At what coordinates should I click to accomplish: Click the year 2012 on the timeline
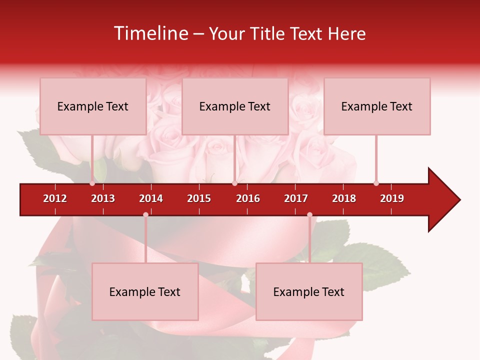[55, 198]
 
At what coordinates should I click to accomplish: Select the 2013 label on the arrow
[103, 198]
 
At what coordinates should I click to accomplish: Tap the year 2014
[151, 198]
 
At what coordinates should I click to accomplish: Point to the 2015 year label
[199, 198]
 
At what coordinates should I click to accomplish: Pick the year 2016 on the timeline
[248, 198]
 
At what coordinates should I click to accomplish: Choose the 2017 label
[296, 198]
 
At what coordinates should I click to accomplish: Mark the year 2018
[344, 198]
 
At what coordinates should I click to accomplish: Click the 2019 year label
[392, 198]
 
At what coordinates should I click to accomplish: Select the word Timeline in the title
[150, 33]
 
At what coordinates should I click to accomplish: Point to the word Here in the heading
[346, 33]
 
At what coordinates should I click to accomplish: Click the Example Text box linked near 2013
[93, 106]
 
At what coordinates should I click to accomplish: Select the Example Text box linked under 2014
[145, 292]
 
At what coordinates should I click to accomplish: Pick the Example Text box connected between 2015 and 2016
[235, 106]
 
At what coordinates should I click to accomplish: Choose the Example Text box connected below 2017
[309, 292]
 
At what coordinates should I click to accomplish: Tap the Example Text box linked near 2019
[377, 106]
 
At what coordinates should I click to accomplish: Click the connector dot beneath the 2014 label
[145, 214]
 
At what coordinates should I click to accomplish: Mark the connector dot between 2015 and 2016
[234, 183]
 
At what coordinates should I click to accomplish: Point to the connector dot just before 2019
[376, 183]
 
